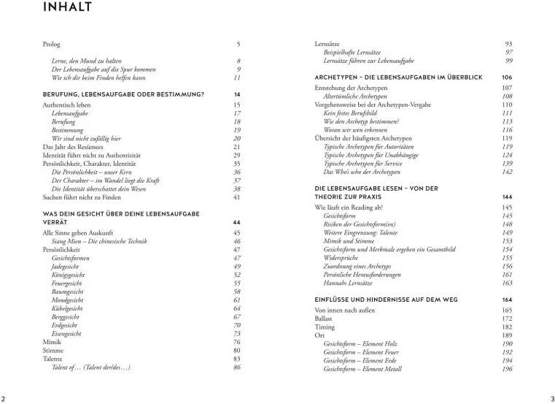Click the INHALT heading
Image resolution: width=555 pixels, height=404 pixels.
click(x=67, y=8)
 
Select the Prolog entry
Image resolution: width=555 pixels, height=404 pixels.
click(x=53, y=45)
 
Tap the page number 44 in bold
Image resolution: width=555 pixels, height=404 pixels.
click(x=236, y=222)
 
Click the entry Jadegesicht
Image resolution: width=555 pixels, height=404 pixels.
click(x=66, y=267)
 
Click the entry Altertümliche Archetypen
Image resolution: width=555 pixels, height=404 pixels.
click(x=360, y=96)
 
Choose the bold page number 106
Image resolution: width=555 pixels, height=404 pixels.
click(x=508, y=77)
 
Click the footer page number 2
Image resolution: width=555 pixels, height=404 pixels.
click(x=4, y=397)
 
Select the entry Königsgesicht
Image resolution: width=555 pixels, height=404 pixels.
click(x=68, y=275)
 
